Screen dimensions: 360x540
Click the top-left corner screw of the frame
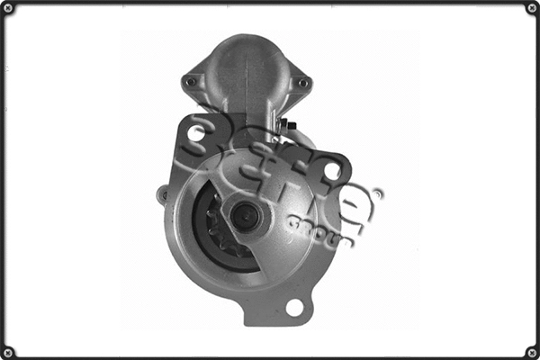coord(8,8)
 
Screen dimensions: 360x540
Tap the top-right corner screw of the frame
coord(531,8)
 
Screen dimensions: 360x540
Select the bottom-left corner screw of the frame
coord(8,351)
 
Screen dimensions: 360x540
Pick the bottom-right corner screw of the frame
coord(531,351)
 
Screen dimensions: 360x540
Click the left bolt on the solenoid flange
coord(190,82)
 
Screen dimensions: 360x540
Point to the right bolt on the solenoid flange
coord(302,83)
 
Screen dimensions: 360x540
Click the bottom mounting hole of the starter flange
coord(294,307)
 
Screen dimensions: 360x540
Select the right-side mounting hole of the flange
coord(332,170)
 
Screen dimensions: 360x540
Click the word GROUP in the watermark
coord(320,228)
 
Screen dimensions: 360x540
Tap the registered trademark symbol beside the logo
coord(377,193)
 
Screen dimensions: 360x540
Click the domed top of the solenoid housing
coord(245,49)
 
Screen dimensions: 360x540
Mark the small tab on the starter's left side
coord(163,193)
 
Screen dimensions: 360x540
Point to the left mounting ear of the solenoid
coord(192,80)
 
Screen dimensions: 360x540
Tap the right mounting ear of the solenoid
coord(301,81)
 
